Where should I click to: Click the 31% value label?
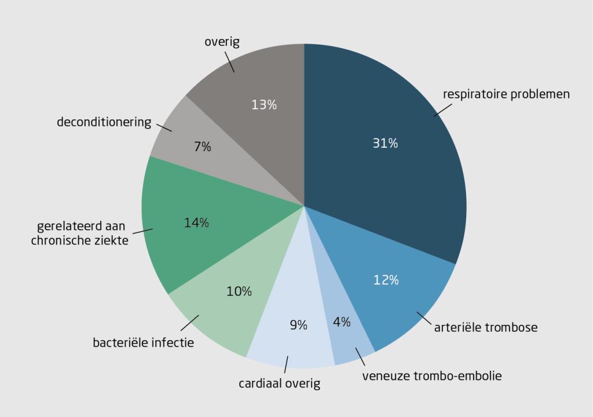[385, 144]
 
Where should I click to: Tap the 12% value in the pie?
[386, 280]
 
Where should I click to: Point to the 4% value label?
[342, 323]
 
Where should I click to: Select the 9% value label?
[298, 325]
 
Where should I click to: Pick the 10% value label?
[239, 292]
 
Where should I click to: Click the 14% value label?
[196, 223]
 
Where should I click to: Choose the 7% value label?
[203, 147]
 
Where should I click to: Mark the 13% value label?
[264, 105]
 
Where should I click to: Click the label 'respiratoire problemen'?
[506, 94]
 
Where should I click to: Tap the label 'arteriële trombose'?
[486, 328]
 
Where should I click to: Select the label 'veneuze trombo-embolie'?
[432, 376]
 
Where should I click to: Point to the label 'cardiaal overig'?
[280, 383]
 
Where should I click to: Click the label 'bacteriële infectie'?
[144, 343]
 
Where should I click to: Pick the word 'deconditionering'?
[104, 123]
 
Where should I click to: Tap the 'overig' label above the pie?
[222, 42]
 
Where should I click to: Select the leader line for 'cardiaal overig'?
[286, 365]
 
